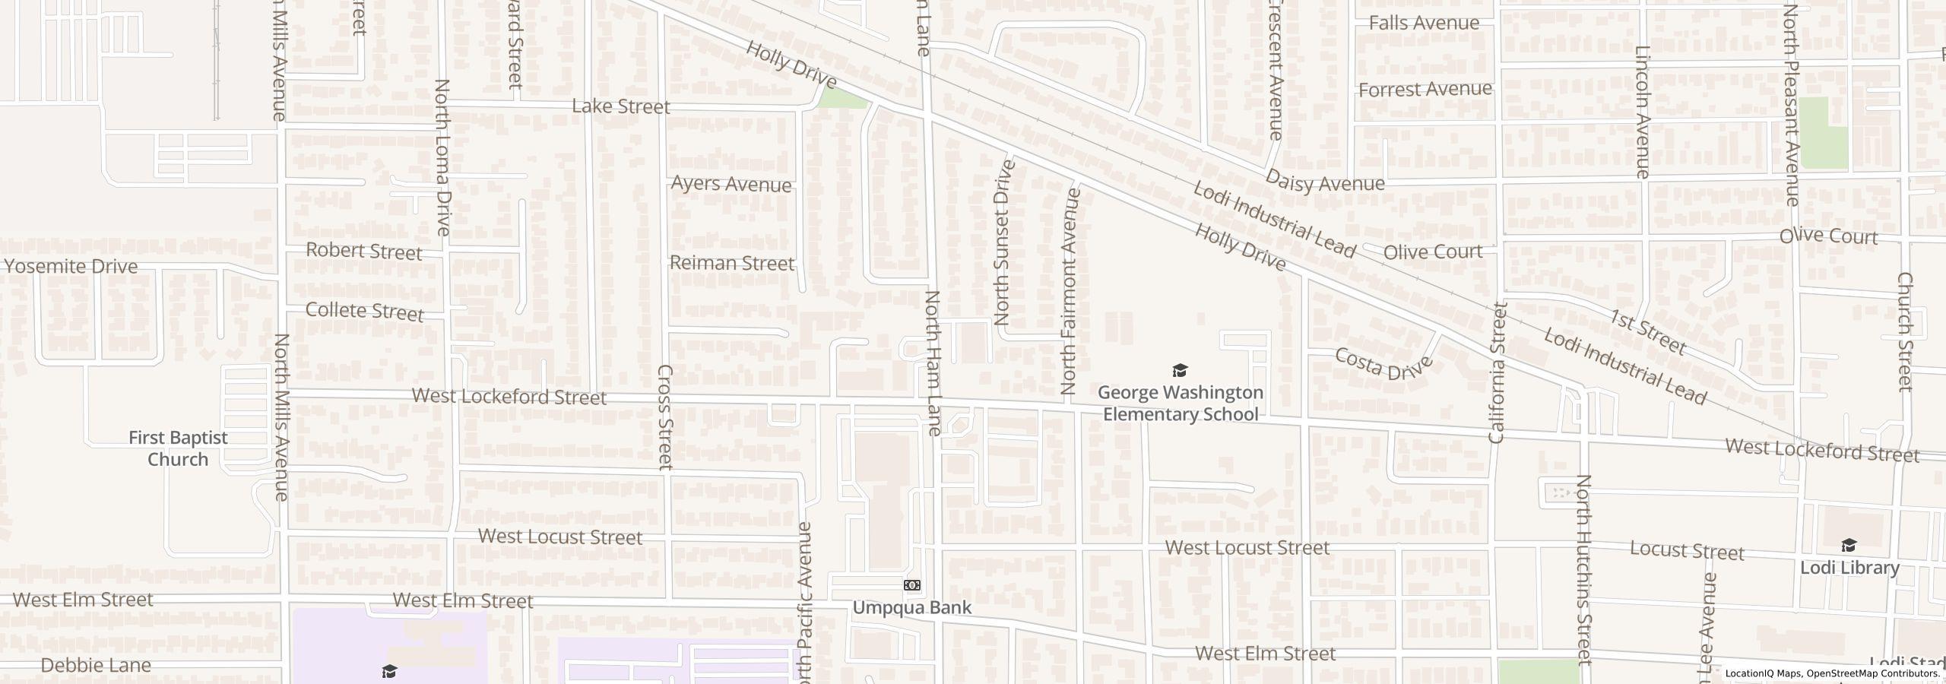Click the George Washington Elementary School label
1181,404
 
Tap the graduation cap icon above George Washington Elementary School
1180,371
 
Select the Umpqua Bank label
911,607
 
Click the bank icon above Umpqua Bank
912,585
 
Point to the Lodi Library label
1849,568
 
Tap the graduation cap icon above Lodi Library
1849,546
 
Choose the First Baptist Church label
178,448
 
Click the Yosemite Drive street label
71,266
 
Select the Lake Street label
621,106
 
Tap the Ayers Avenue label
731,185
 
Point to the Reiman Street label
731,263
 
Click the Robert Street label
363,251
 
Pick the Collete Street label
364,312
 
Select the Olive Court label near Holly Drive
1433,252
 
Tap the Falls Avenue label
1424,23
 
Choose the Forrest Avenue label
1425,90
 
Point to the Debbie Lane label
96,665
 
